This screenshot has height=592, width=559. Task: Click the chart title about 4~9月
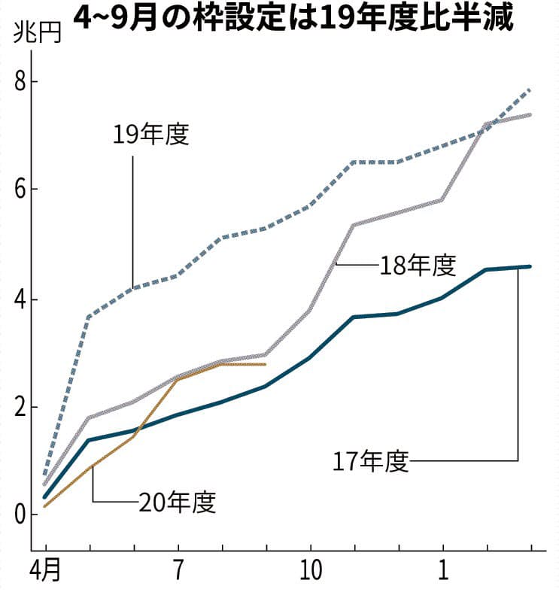(x=293, y=18)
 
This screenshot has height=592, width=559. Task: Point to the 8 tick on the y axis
(x=22, y=81)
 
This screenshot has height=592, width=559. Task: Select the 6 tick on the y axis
(x=22, y=190)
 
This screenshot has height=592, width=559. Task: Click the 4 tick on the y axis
(x=22, y=299)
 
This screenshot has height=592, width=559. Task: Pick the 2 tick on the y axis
(x=22, y=408)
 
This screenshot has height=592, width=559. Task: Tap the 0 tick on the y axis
(x=22, y=516)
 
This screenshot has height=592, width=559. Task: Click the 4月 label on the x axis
(x=44, y=571)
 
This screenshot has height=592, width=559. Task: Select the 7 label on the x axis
(x=178, y=571)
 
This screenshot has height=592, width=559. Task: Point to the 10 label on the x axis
(x=310, y=571)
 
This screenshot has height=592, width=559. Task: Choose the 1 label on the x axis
(x=442, y=571)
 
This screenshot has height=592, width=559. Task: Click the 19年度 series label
(x=151, y=135)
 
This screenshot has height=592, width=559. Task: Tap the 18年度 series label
(x=418, y=266)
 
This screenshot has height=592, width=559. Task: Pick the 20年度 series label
(x=178, y=502)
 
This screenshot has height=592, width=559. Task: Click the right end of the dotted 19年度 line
(x=531, y=90)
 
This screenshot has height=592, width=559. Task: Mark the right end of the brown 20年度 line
(x=265, y=364)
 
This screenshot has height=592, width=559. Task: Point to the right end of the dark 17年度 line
(x=531, y=266)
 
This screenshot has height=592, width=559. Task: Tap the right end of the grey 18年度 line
(x=531, y=114)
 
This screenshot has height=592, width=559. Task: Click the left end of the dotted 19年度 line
(x=46, y=475)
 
